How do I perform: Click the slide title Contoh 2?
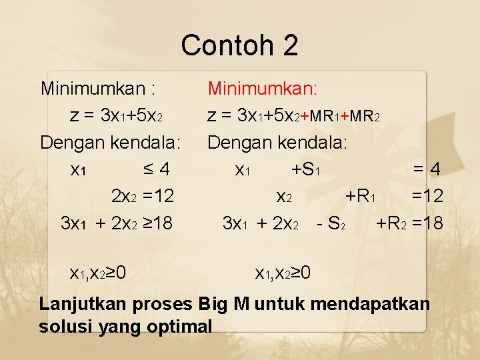[239, 45]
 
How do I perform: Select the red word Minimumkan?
[263, 88]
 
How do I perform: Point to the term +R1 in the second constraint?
[362, 196]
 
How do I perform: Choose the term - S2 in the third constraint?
[331, 223]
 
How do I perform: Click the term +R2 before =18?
[392, 223]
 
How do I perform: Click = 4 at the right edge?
[427, 169]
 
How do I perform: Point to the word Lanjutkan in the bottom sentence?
[80, 305]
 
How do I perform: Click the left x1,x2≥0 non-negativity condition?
[98, 272]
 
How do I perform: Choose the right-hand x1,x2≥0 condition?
[283, 272]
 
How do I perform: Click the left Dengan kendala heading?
[110, 142]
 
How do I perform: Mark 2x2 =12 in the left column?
[143, 196]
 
